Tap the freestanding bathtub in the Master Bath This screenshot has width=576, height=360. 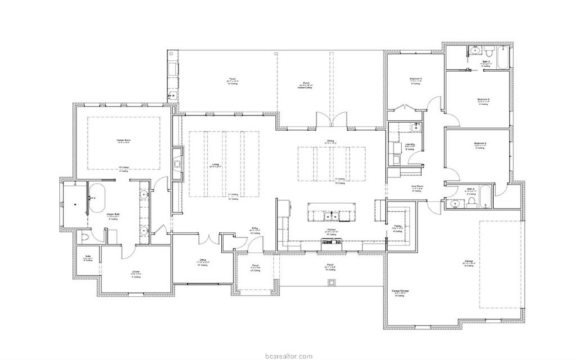click(99, 197)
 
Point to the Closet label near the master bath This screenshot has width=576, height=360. click(135, 272)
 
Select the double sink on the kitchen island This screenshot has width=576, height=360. click(331, 215)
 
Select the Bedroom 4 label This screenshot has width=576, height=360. click(415, 81)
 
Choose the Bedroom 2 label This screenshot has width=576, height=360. click(480, 145)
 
